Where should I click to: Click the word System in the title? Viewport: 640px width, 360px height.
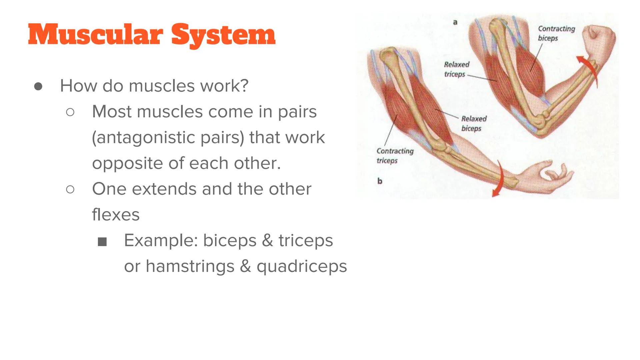click(x=223, y=35)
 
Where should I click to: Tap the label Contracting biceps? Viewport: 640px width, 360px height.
click(x=556, y=33)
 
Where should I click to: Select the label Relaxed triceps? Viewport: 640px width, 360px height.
click(x=456, y=69)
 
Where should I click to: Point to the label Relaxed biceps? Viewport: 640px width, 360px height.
click(x=473, y=123)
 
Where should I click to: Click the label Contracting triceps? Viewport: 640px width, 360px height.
click(x=395, y=156)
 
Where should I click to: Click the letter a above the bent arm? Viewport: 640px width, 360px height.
click(x=455, y=22)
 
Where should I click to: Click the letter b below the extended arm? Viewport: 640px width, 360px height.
click(x=379, y=181)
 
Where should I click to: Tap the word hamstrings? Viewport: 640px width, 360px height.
click(x=190, y=266)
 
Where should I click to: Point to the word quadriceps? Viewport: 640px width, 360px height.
click(x=302, y=266)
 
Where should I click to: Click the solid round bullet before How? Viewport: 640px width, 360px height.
click(x=38, y=86)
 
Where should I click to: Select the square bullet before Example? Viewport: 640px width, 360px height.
click(x=102, y=242)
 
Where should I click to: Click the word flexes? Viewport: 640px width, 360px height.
click(x=116, y=214)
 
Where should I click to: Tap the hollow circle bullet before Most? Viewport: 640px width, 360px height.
click(x=70, y=112)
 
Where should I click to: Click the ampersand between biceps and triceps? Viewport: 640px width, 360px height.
click(x=267, y=240)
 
